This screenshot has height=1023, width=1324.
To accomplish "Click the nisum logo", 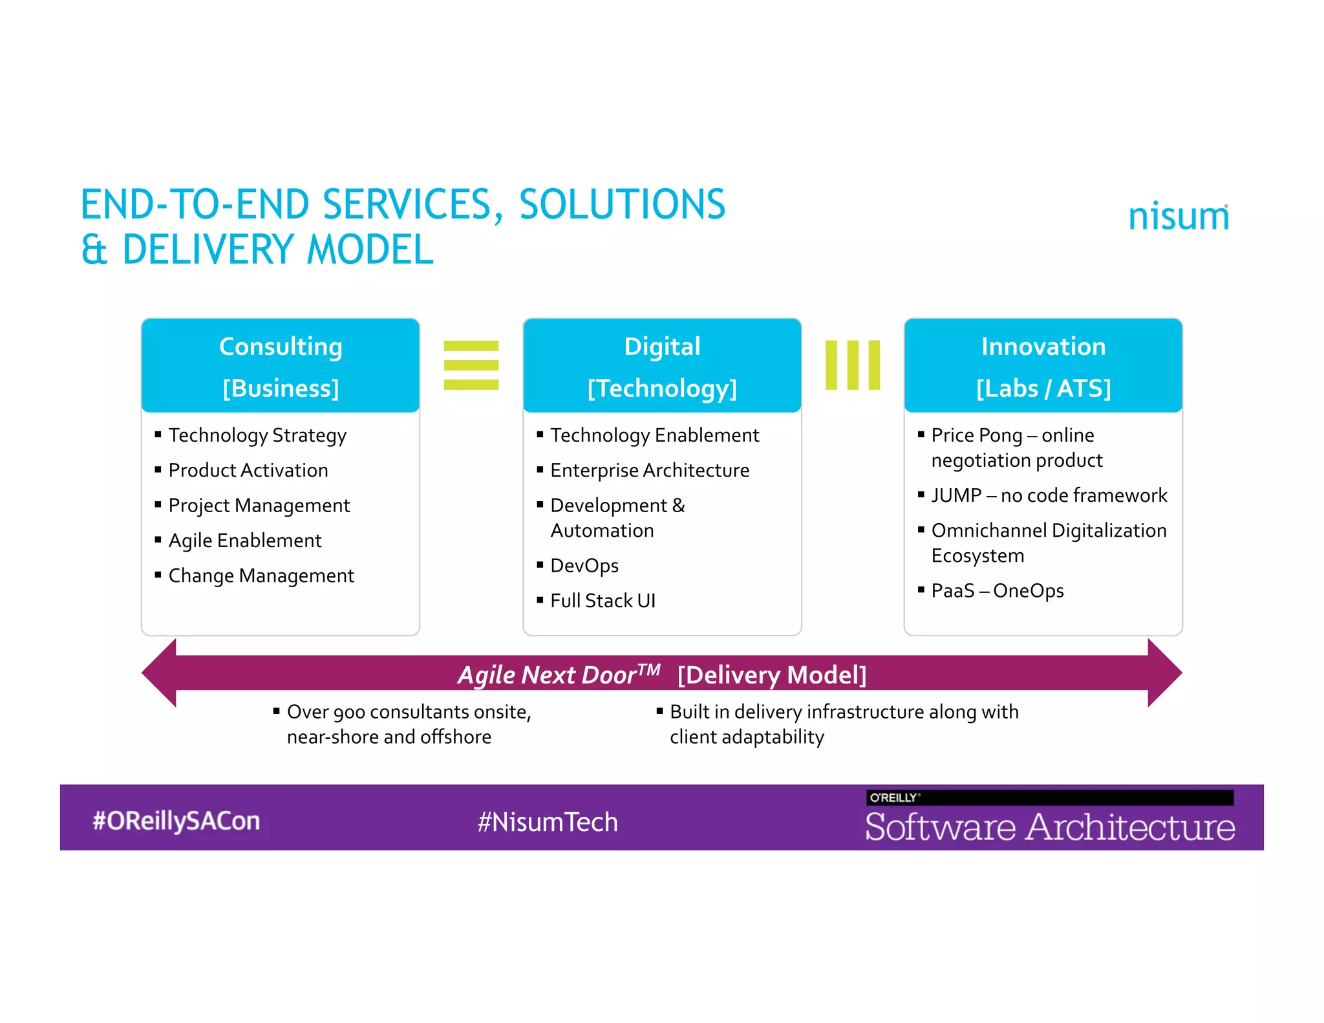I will click(x=1178, y=216).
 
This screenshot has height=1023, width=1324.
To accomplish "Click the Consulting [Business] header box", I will click(x=281, y=366).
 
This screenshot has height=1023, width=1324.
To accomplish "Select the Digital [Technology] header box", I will click(x=662, y=366).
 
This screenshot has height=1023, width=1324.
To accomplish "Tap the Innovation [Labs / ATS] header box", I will click(x=1043, y=366).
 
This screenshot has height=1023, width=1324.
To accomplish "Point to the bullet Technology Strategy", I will click(x=257, y=435).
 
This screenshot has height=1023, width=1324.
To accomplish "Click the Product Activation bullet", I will click(x=248, y=470).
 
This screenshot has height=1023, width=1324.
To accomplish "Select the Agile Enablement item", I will click(x=245, y=541).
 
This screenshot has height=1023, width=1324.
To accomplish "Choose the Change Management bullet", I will click(x=261, y=576).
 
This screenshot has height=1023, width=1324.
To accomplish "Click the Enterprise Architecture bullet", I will click(x=650, y=470).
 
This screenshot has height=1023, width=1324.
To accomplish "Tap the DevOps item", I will click(x=584, y=566).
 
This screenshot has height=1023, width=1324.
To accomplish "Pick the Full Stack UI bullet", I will click(x=603, y=601).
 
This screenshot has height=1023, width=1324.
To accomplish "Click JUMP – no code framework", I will click(x=1049, y=495).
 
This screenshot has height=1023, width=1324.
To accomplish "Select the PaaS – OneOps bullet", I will click(x=997, y=591).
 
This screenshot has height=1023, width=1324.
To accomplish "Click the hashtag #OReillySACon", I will click(x=176, y=821).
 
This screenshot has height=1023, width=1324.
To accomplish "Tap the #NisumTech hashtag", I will click(x=548, y=822).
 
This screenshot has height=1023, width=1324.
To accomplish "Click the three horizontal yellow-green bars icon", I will click(x=471, y=365).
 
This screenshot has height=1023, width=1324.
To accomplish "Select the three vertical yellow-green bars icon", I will click(x=853, y=365).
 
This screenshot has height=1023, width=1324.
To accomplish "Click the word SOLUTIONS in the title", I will click(x=622, y=204).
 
